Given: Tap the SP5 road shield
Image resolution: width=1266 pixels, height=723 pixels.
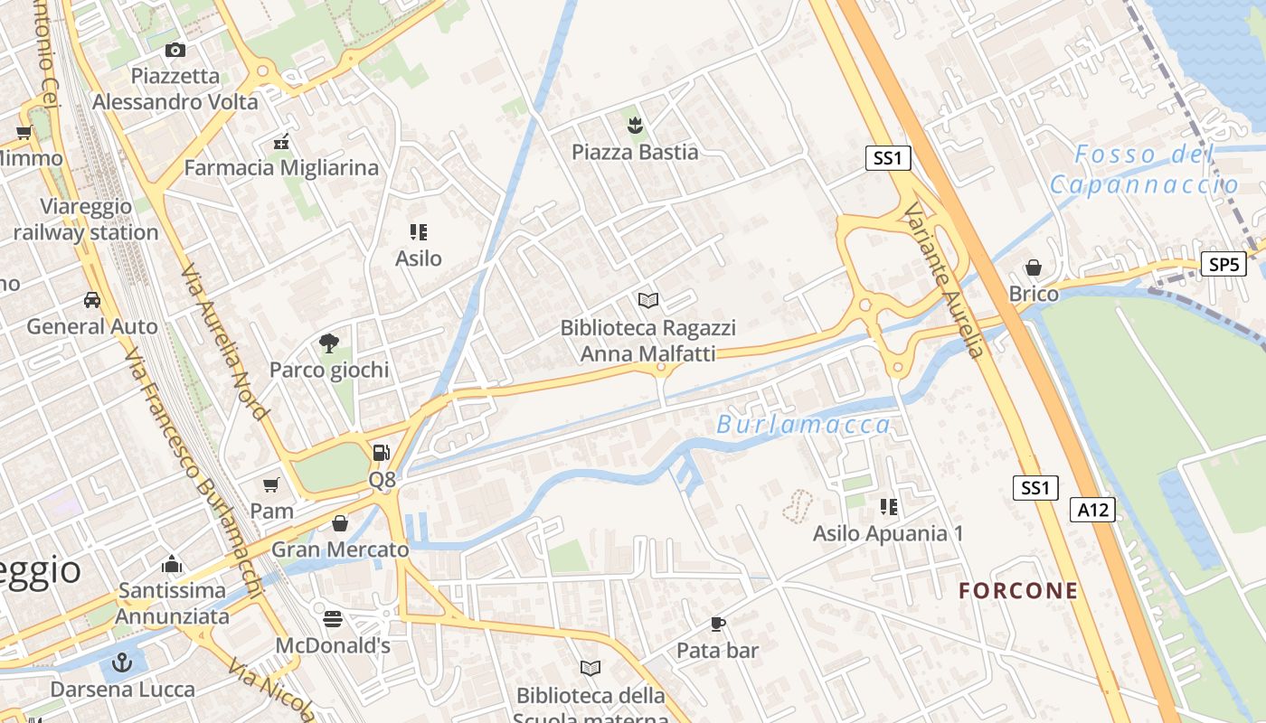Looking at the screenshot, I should tap(1224, 264).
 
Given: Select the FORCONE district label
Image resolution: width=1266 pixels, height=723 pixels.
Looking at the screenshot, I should tap(1018, 591).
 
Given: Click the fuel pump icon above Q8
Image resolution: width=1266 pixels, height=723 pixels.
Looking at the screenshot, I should tap(382, 453).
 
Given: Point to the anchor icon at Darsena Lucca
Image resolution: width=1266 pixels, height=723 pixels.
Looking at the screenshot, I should tap(121, 664).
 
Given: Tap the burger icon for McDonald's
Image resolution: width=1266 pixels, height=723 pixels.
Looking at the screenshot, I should tap(333, 619).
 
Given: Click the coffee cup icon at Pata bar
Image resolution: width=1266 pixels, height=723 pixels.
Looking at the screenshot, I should tap(717, 624).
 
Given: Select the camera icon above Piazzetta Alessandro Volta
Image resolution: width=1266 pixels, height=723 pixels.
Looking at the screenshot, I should tap(175, 50).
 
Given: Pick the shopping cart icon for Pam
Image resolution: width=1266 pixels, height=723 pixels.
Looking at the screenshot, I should tap(271, 485).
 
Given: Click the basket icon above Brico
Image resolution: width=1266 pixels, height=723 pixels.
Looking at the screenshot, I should tap(1033, 268).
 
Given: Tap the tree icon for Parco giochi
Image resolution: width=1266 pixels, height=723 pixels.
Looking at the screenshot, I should tap(328, 343).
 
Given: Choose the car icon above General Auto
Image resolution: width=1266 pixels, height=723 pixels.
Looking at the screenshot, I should tap(92, 299).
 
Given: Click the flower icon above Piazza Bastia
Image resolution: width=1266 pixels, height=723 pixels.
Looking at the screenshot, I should tap(635, 125).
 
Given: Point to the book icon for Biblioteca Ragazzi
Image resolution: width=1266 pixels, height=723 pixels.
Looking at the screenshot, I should tap(647, 300).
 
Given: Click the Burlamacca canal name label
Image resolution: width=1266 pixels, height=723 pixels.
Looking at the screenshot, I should tap(804, 425).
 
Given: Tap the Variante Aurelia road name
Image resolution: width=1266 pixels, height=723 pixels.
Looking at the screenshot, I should tap(942, 280).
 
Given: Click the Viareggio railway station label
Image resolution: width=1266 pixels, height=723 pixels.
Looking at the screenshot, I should tap(86, 220).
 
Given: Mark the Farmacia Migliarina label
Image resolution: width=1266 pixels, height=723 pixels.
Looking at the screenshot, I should tap(281, 168).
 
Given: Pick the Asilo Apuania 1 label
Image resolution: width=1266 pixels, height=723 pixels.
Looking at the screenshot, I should tap(888, 533).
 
